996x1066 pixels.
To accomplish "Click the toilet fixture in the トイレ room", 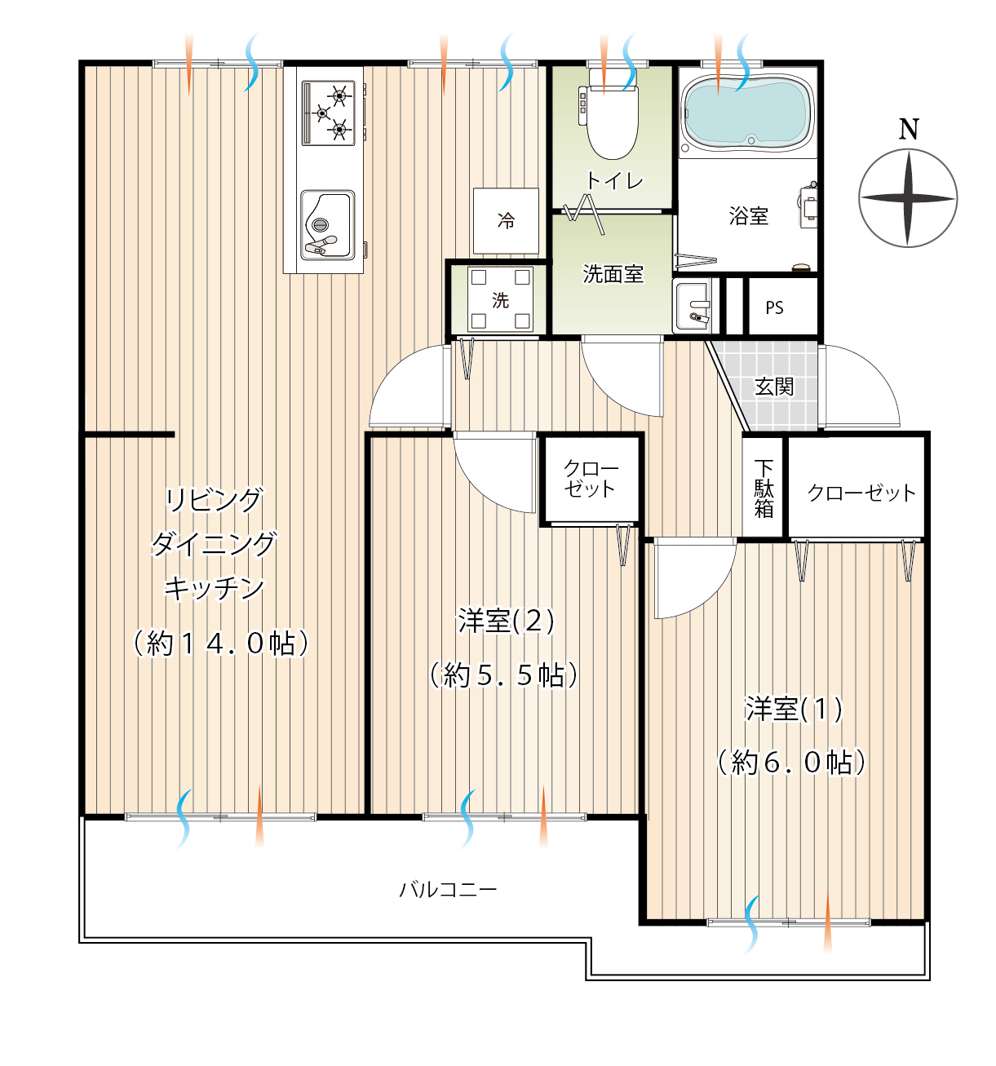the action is pyautogui.click(x=612, y=115).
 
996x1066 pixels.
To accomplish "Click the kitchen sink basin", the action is pyautogui.click(x=328, y=225).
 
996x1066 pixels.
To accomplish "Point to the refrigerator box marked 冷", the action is pyautogui.click(x=506, y=220).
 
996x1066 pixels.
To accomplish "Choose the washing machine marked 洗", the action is pyautogui.click(x=500, y=299).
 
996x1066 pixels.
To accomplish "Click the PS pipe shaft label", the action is pyautogui.click(x=774, y=307).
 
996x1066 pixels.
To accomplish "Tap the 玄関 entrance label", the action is pyautogui.click(x=773, y=387).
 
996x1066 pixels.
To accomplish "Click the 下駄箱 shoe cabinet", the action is pyautogui.click(x=764, y=488).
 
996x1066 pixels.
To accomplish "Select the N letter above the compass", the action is pyautogui.click(x=909, y=130).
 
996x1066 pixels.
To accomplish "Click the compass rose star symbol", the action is pyautogui.click(x=908, y=198).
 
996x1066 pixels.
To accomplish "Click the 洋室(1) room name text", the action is pyautogui.click(x=794, y=709).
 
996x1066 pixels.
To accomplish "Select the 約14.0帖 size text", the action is pyautogui.click(x=221, y=643).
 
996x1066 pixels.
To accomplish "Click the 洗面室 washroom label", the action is pyautogui.click(x=613, y=274).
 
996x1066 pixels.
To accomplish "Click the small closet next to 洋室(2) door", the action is pyautogui.click(x=590, y=478).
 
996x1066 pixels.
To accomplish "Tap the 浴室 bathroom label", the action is pyautogui.click(x=749, y=216).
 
